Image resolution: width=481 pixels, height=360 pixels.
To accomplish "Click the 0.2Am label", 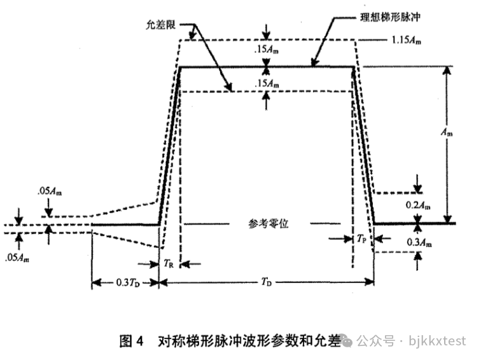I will coord(418,204).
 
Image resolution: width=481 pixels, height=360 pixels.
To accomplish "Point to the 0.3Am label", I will coord(418,243).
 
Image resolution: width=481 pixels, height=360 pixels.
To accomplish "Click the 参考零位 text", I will coord(266,225).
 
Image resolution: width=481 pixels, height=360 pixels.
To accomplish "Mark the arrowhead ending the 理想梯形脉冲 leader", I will coord(314,64).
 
